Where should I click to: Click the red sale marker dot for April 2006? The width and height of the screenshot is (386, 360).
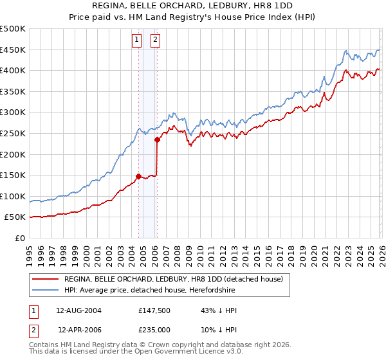pos(157,139)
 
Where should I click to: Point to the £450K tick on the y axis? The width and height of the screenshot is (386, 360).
pos(14,50)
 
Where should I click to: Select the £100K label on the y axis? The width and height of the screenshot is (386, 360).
pos(14,196)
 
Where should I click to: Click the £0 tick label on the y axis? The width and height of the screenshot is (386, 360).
pos(21,238)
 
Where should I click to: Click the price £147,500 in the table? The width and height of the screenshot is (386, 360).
pos(153,310)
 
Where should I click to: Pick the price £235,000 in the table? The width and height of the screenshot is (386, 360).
pos(153,329)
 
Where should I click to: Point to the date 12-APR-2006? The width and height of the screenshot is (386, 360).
pos(80,329)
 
